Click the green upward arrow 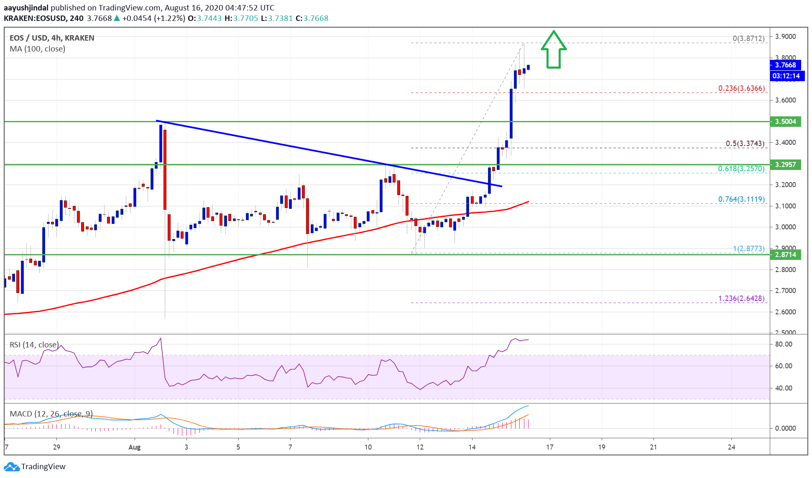point(553,50)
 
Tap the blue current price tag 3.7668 point(785,65)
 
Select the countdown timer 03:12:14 point(786,76)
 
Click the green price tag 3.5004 point(785,121)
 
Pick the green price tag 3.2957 point(785,164)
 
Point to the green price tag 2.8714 point(785,254)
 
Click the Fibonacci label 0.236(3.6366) point(741,88)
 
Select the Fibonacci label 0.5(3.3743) point(745,144)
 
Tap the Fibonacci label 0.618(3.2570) point(741,169)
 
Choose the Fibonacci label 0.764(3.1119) point(741,199)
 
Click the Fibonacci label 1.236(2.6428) point(741,298)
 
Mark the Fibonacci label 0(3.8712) point(748,39)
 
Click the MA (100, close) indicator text point(37,49)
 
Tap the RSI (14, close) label point(34,345)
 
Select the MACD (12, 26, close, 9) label point(51,414)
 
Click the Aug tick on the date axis point(134,447)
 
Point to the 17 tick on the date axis point(549,447)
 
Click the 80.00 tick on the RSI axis point(783,344)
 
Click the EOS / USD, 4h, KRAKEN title point(52,38)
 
